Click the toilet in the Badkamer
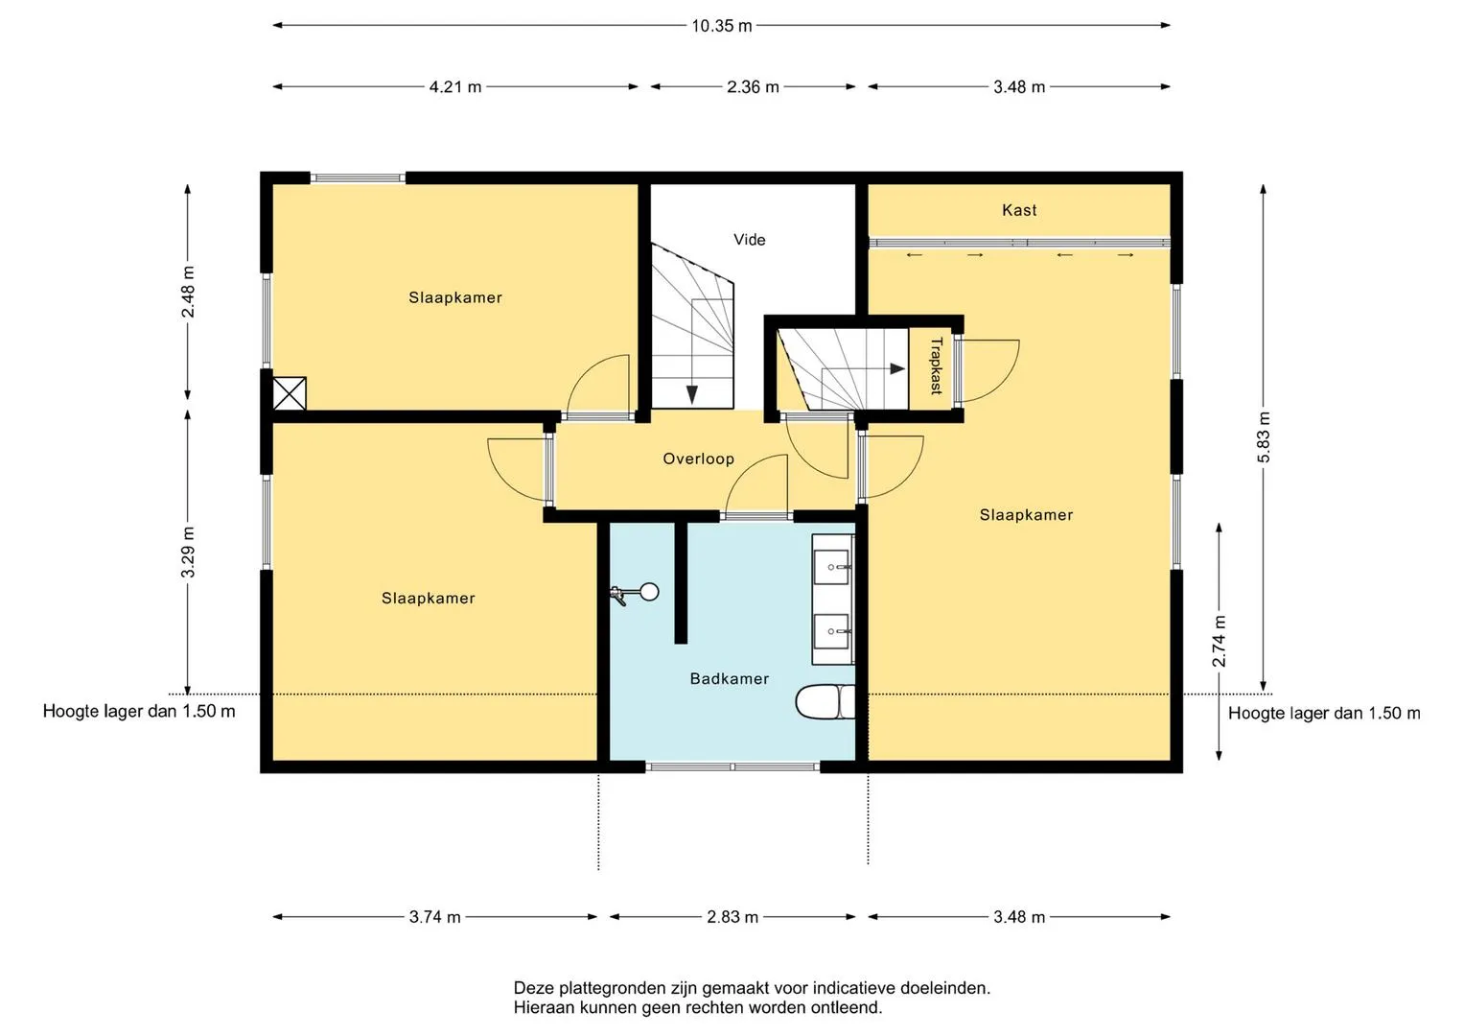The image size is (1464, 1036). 825,702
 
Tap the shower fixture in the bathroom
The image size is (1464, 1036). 635,593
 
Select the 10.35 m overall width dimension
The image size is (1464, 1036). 722,26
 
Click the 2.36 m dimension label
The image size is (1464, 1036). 753,86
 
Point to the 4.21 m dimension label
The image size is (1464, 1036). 454,86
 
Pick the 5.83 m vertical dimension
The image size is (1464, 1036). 1264,437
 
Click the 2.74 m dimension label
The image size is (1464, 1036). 1219,641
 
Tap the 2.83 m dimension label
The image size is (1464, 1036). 732,917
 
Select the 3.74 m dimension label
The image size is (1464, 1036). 434,917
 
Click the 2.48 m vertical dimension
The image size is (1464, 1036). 188,292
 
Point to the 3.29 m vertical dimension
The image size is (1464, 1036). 188,552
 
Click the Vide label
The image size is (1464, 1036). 749,240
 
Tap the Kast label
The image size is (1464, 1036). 1019,210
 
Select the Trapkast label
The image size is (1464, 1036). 936,365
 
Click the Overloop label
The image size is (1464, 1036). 698,459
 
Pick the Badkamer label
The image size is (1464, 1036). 729,678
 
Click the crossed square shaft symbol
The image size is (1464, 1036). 289,393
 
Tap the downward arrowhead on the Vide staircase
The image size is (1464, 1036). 691,394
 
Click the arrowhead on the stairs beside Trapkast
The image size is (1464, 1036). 897,369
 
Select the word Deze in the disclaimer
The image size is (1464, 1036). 531,988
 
